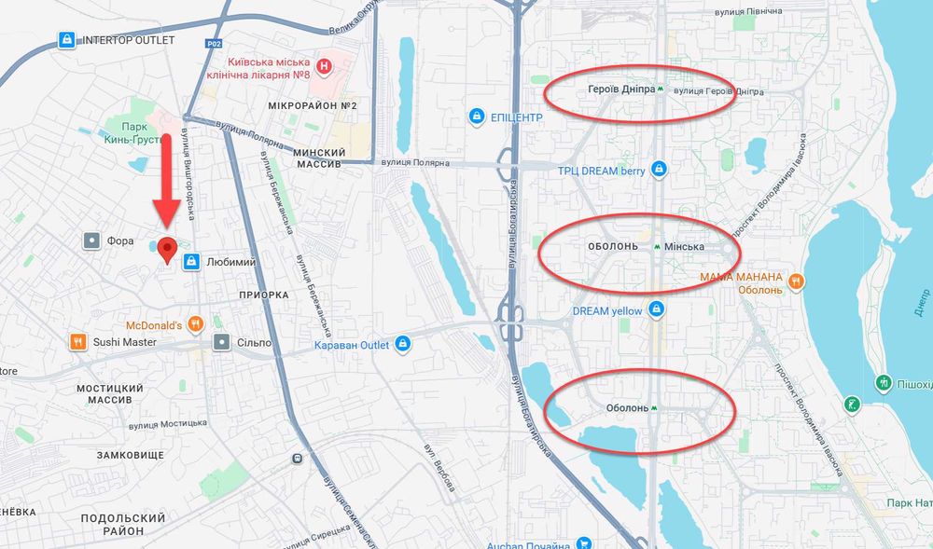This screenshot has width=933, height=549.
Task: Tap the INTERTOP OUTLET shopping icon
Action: (x=66, y=40)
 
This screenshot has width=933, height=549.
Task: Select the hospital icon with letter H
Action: (x=324, y=66)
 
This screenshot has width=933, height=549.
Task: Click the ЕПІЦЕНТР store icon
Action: (x=476, y=117)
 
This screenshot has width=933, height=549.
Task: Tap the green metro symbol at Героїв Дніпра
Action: (x=661, y=91)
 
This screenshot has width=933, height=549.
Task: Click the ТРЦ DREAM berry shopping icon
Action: (x=660, y=170)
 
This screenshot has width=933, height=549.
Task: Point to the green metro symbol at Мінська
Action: (x=659, y=247)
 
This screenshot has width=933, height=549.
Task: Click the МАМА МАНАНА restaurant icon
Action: (x=795, y=279)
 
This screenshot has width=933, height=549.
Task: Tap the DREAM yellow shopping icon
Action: (x=657, y=309)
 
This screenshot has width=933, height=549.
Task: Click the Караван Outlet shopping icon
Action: (x=402, y=344)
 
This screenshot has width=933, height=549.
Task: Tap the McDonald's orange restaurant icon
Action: (x=195, y=323)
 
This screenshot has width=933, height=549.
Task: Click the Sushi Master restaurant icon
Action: (x=77, y=342)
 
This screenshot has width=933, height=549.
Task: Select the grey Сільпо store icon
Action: (x=221, y=342)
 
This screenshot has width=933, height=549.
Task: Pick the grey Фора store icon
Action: (x=91, y=240)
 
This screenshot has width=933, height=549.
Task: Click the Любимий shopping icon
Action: (x=191, y=262)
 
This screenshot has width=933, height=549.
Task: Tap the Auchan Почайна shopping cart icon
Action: (x=584, y=544)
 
